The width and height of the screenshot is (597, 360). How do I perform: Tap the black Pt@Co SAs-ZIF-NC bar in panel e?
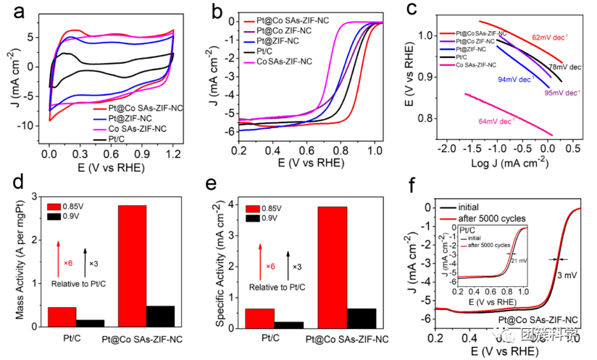tap(362, 317)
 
